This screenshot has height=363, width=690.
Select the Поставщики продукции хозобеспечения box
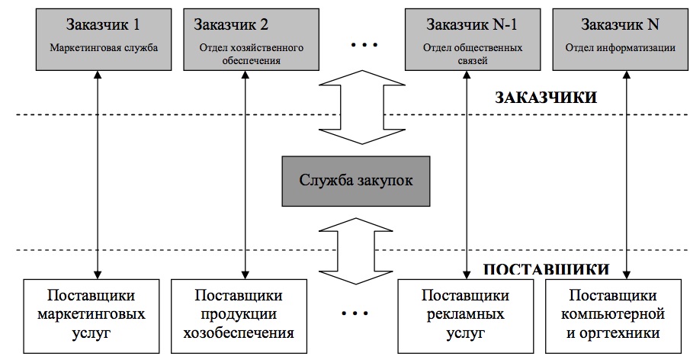(x=244, y=313)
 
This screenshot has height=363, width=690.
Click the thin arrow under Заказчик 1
(x=97, y=175)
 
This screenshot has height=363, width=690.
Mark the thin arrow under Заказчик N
(x=626, y=175)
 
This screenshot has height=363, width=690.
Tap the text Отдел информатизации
(x=620, y=47)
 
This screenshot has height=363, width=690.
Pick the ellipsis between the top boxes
(x=363, y=47)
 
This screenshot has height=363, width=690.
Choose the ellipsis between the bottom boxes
(x=355, y=313)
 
